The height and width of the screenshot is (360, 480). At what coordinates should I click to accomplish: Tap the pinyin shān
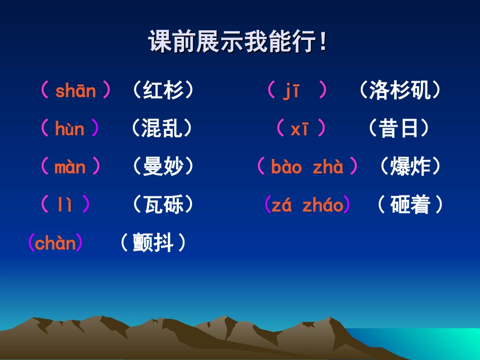(75, 91)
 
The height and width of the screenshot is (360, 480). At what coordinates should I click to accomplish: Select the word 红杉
(163, 91)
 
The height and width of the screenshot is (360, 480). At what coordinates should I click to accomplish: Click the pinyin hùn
(70, 129)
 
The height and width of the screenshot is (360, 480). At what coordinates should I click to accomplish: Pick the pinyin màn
(70, 167)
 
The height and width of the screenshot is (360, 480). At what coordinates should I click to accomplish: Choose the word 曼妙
(163, 167)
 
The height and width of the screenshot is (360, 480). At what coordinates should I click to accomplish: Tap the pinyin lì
(65, 205)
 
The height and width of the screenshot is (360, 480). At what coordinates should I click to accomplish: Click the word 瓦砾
(163, 205)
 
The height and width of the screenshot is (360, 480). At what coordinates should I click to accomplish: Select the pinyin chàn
(56, 243)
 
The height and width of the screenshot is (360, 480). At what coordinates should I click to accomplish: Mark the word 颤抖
(153, 243)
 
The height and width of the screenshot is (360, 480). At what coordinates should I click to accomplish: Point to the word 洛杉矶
(400, 91)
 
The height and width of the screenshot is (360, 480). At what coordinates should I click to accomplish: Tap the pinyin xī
(300, 129)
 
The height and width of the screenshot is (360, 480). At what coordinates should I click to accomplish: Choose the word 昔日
(399, 129)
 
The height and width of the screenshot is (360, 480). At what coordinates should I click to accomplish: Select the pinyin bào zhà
(307, 167)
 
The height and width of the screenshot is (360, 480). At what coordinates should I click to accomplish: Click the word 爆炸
(410, 167)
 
